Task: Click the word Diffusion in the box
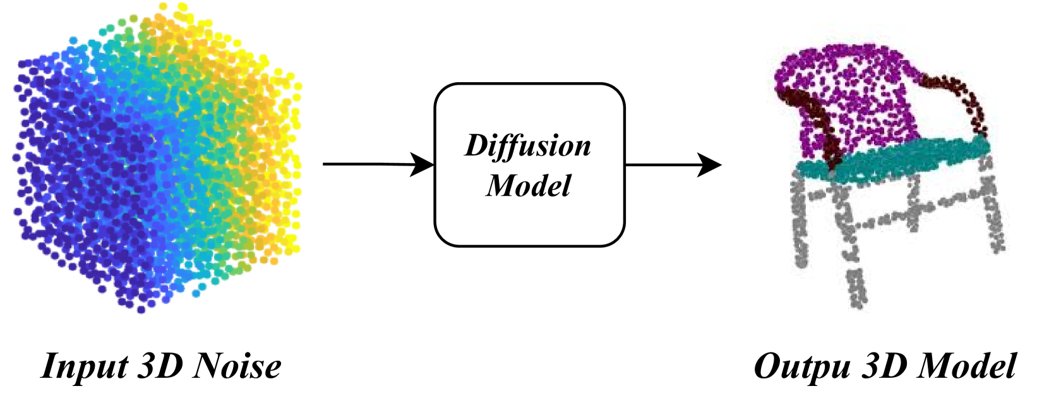pyautogui.click(x=528, y=147)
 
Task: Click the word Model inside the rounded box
pyautogui.click(x=528, y=186)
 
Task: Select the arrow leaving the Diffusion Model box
pyautogui.click(x=673, y=165)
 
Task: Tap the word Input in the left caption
pyautogui.click(x=84, y=366)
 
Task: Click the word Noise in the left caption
pyautogui.click(x=238, y=366)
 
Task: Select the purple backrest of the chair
pyautogui.click(x=846, y=95)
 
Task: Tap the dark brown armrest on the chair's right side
pyautogui.click(x=960, y=95)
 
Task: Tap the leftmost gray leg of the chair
pyautogui.click(x=800, y=221)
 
